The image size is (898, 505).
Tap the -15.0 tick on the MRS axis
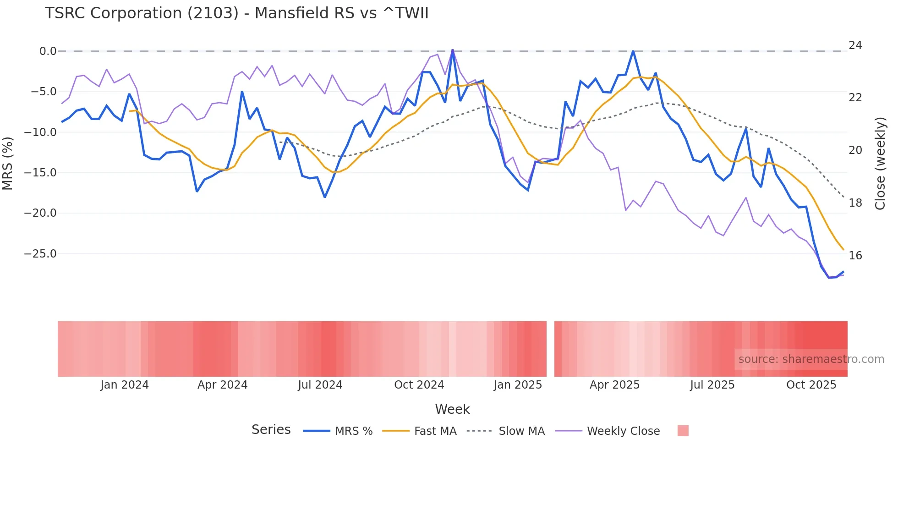[x=40, y=173]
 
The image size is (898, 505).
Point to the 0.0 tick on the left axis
[x=48, y=51]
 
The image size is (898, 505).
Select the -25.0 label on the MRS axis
[x=40, y=254]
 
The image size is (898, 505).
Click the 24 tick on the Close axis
[x=855, y=45]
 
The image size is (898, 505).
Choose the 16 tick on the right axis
[x=855, y=256]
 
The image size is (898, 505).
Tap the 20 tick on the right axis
[x=855, y=150]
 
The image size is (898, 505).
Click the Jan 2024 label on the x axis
[x=125, y=385]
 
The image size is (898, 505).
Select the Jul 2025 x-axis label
[x=712, y=385]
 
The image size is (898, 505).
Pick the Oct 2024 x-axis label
[x=419, y=385]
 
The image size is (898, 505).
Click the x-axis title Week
[x=452, y=409]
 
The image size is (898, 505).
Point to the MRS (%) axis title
[x=8, y=163]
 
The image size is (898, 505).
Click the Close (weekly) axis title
[x=880, y=164]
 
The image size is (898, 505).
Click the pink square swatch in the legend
[x=683, y=431]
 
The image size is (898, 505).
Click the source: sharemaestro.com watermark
[x=811, y=359]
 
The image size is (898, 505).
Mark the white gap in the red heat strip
[x=550, y=349]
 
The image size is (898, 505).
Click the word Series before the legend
[x=271, y=430]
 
